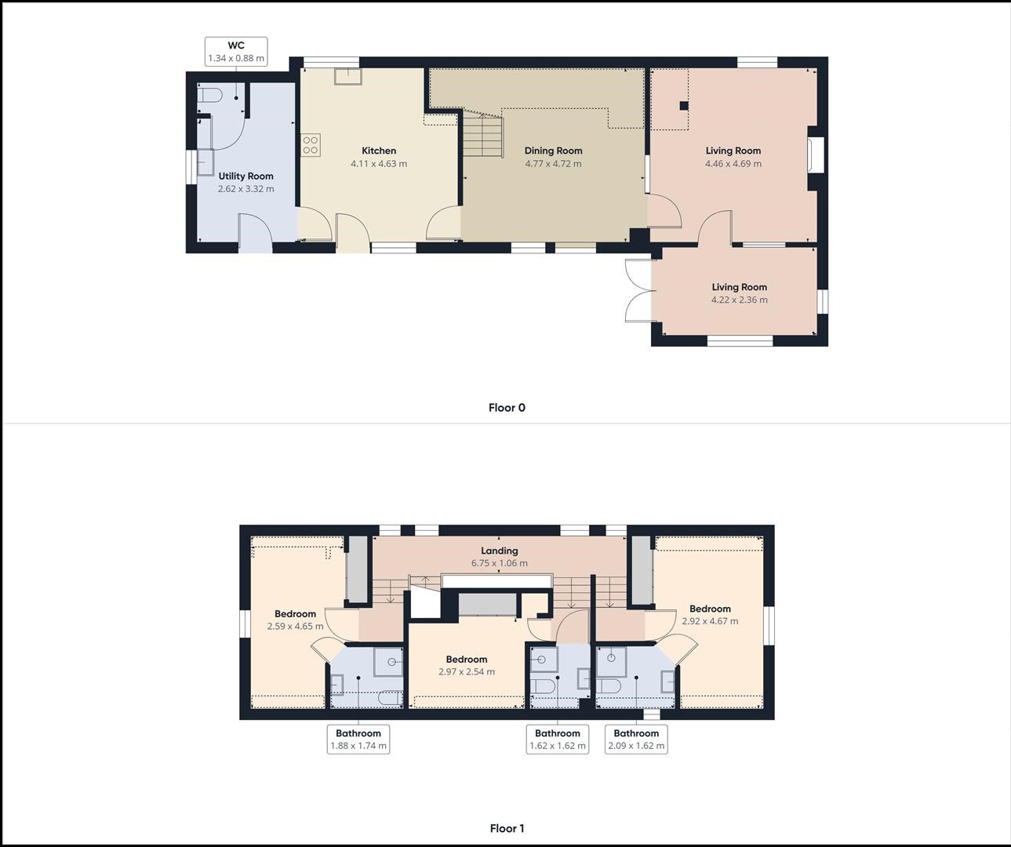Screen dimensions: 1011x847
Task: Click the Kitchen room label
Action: pyautogui.click(x=379, y=151)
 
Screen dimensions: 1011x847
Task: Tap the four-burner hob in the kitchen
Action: pyautogui.click(x=311, y=145)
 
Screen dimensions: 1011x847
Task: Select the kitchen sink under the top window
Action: pyautogui.click(x=347, y=76)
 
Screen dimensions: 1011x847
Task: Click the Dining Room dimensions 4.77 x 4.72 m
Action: pyautogui.click(x=553, y=164)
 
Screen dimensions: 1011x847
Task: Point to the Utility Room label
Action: pyautogui.click(x=246, y=176)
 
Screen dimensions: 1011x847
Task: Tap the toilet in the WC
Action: pyautogui.click(x=209, y=94)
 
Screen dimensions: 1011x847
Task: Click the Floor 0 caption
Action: pyautogui.click(x=507, y=408)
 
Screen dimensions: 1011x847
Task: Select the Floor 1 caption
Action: pyautogui.click(x=507, y=829)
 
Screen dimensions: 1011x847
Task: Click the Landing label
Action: pyautogui.click(x=499, y=551)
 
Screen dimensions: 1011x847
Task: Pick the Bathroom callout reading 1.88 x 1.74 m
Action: pyautogui.click(x=358, y=740)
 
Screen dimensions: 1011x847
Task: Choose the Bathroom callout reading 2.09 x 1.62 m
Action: pyautogui.click(x=636, y=740)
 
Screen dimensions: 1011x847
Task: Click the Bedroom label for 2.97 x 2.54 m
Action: pyautogui.click(x=467, y=660)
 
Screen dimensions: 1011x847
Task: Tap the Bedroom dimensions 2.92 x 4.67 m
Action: pyautogui.click(x=711, y=621)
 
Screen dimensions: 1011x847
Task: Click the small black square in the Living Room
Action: pyautogui.click(x=684, y=106)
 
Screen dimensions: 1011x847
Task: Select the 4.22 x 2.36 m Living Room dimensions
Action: pyautogui.click(x=740, y=300)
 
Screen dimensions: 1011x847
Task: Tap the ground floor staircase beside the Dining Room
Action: pyautogui.click(x=482, y=133)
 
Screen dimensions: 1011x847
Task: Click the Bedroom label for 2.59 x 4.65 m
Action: pyautogui.click(x=296, y=614)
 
